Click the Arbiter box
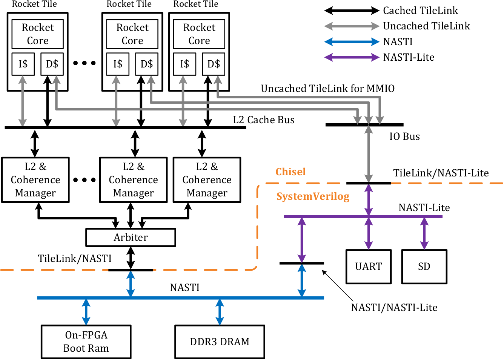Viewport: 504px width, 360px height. point(131,237)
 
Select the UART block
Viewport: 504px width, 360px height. point(369,267)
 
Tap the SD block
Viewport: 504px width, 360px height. point(424,267)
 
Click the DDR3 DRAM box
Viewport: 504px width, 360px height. point(220,342)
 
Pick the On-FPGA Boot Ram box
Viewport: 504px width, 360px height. point(86,342)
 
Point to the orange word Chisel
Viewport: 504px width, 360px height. point(290,172)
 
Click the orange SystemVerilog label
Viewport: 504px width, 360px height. point(313,196)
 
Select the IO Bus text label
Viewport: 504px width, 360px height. point(404,136)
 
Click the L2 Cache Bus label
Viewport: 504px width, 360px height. point(264,120)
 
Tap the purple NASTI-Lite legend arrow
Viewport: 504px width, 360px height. point(352,57)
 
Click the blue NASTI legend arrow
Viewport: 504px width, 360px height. point(352,42)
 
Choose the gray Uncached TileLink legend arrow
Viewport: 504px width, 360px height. point(352,26)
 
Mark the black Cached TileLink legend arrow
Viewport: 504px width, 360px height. point(352,11)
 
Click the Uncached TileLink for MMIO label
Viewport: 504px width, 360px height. point(327,89)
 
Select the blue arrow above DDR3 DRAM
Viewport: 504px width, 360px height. point(220,312)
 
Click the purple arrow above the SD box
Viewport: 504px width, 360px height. point(424,233)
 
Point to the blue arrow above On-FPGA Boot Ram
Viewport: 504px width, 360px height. point(86,312)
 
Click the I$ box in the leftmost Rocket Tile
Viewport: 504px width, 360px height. point(23,64)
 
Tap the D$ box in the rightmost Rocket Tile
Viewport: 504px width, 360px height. point(214,64)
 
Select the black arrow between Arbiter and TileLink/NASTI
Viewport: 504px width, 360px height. point(131,258)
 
